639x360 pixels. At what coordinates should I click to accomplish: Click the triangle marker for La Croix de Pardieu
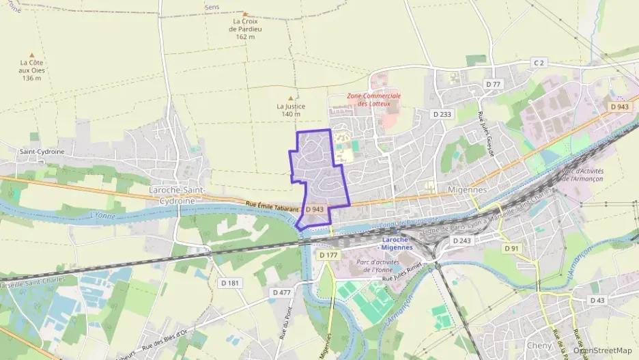coord(245,14)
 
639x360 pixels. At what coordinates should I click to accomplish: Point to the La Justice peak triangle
coord(291,98)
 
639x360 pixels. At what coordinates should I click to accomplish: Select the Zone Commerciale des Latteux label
coord(373,100)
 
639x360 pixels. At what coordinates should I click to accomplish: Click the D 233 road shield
coord(442,114)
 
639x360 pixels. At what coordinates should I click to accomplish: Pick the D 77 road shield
coord(493,84)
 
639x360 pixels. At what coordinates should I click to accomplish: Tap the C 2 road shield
coord(539,63)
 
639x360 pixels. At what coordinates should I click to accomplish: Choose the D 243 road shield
coord(462,240)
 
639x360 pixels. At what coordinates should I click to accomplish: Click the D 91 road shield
coord(511,249)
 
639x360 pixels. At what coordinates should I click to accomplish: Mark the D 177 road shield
coord(328,255)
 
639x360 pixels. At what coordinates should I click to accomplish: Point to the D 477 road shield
coord(281,292)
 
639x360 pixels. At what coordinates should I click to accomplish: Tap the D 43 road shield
coord(597,300)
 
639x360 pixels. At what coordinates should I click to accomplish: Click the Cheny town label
coord(539,346)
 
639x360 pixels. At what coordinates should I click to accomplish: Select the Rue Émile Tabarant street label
coord(272,205)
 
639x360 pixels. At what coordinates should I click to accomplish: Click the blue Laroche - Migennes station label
coord(398,244)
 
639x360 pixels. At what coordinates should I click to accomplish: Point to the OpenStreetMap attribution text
coord(603,350)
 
